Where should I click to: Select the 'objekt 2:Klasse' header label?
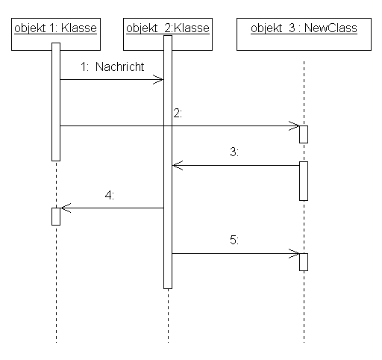click(168, 28)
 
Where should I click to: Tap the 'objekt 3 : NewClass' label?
click(304, 28)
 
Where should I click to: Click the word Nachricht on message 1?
click(120, 66)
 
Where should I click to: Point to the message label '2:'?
click(178, 114)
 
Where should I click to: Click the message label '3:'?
click(234, 152)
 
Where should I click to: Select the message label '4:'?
click(110, 196)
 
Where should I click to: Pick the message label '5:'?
click(234, 240)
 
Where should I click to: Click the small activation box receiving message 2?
click(304, 134)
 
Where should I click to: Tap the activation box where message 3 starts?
click(304, 181)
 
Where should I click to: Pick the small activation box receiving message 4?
click(56, 217)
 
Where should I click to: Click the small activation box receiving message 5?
click(304, 262)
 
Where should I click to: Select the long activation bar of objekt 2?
click(168, 162)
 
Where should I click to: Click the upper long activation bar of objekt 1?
click(56, 102)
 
